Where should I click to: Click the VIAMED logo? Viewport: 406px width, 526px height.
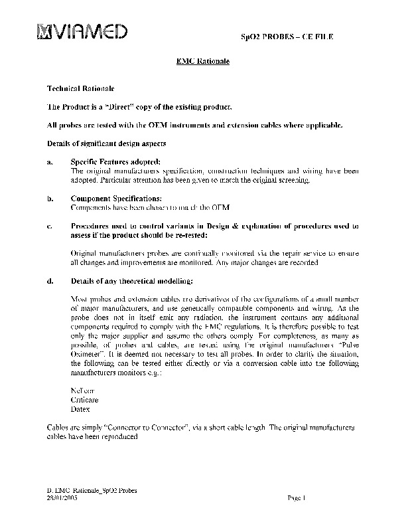tap(82, 31)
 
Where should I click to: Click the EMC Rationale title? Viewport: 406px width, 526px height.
tap(202, 61)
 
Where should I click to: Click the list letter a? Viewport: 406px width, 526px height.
tap(50, 162)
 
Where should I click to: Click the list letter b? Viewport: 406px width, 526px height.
tap(50, 199)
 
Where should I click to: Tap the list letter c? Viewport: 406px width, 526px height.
tap(50, 226)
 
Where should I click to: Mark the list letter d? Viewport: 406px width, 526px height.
tap(50, 282)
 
